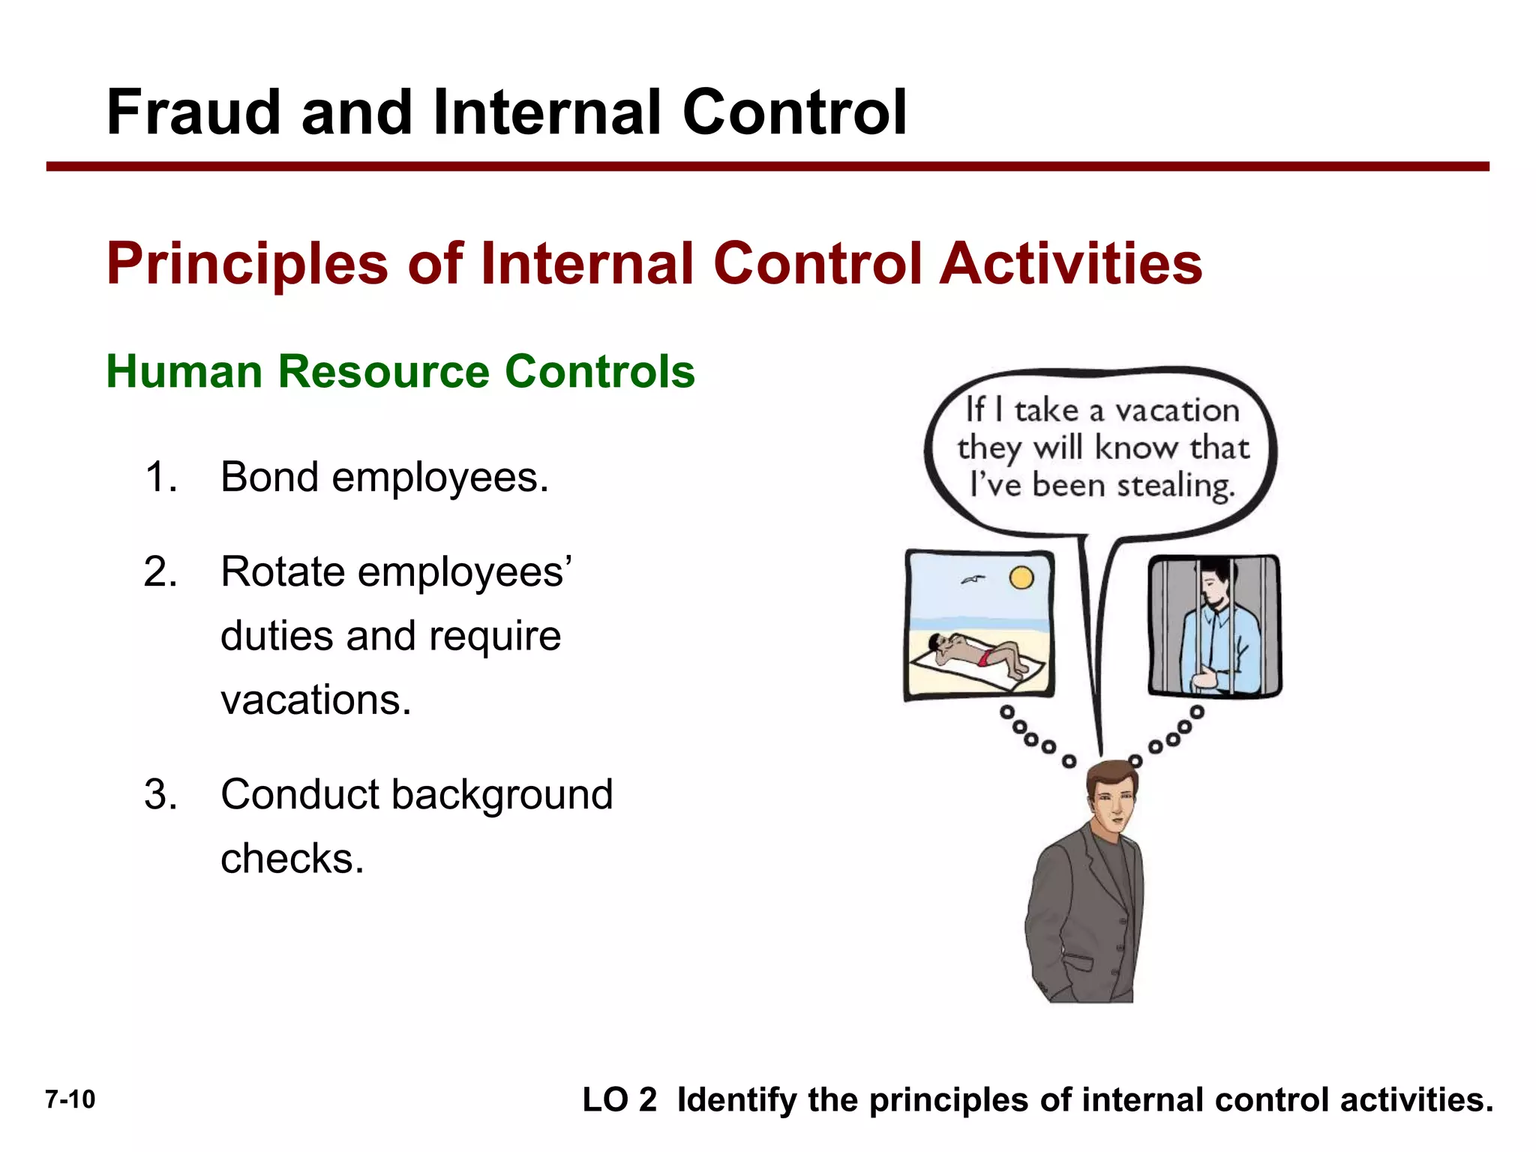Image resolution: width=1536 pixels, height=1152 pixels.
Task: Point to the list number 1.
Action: click(x=160, y=477)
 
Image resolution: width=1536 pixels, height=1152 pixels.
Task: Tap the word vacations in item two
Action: click(x=316, y=700)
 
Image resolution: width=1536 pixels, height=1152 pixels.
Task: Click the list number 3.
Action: click(x=160, y=795)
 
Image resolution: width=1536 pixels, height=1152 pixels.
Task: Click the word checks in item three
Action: click(x=292, y=859)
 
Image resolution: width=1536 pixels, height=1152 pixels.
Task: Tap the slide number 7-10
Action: click(x=70, y=1099)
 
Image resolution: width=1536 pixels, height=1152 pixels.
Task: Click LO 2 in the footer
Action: click(x=619, y=1100)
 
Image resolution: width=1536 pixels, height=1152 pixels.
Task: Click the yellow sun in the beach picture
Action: click(x=1021, y=577)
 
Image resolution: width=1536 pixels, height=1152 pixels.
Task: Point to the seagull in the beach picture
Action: click(x=973, y=580)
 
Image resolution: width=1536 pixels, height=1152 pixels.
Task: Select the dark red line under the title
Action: click(x=767, y=166)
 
